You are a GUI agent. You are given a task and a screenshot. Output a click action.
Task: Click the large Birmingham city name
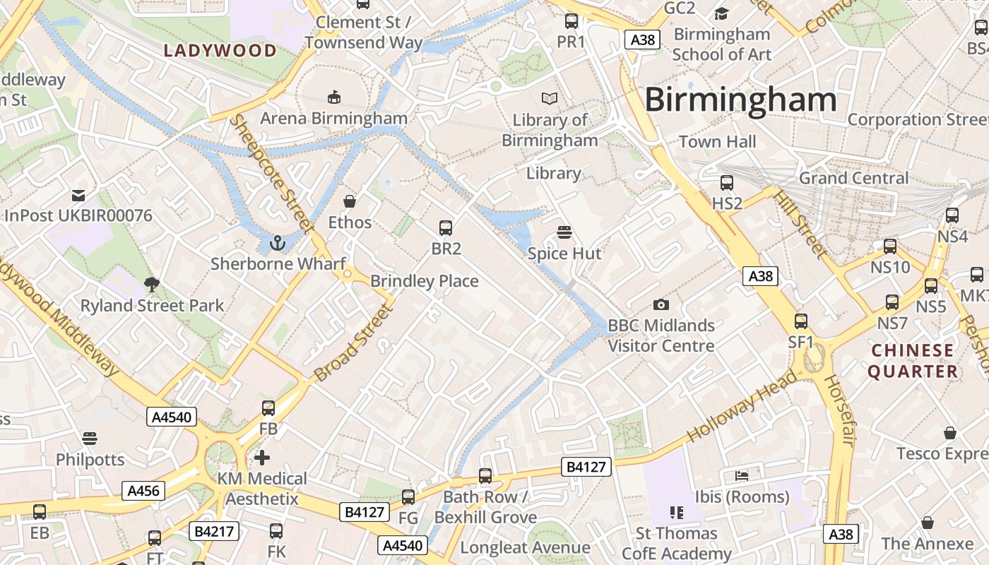click(x=740, y=100)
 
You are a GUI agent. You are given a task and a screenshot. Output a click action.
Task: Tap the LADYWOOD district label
click(x=220, y=50)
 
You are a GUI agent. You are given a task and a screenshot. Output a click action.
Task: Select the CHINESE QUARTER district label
click(x=913, y=360)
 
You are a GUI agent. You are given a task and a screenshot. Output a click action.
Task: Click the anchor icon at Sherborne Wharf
click(x=277, y=243)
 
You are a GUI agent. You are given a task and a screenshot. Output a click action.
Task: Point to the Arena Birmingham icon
click(x=334, y=97)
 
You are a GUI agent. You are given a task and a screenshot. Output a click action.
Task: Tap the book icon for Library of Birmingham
click(x=550, y=99)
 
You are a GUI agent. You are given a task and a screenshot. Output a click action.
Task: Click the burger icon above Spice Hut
click(x=564, y=232)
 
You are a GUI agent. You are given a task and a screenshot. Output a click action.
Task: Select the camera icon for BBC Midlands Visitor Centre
click(x=661, y=304)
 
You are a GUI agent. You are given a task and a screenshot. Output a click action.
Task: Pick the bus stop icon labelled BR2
click(x=446, y=227)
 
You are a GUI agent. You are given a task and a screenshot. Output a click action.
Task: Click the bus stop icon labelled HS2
click(x=727, y=183)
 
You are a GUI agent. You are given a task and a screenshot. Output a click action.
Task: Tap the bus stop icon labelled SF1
click(x=801, y=321)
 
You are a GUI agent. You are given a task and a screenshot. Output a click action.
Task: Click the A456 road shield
click(x=143, y=491)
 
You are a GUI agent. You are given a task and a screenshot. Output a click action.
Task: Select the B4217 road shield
click(x=213, y=531)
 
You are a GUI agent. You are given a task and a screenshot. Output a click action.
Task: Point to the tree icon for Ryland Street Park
click(x=151, y=285)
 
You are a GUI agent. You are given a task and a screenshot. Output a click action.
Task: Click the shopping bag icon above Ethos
click(x=349, y=201)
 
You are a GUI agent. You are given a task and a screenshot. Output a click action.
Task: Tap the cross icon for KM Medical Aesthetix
click(x=262, y=458)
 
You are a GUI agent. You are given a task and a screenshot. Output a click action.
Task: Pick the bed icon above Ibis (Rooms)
click(x=742, y=475)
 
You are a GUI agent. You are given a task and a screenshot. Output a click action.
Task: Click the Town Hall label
click(x=717, y=142)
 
